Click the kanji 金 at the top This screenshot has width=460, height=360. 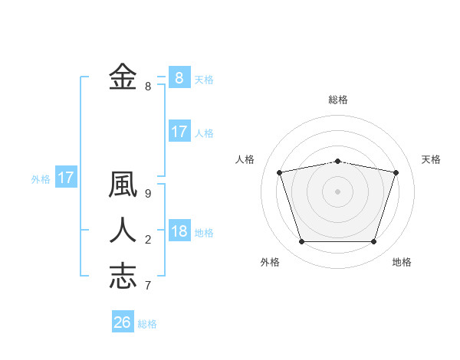click(123, 77)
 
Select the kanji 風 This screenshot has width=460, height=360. click(123, 186)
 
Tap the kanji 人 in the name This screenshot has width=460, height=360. click(123, 231)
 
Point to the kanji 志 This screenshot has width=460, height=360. click(123, 275)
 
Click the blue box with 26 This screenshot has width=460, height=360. click(123, 322)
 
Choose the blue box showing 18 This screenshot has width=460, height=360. click(179, 231)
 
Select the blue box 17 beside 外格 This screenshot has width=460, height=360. click(66, 178)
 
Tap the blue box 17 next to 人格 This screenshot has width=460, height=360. click(179, 131)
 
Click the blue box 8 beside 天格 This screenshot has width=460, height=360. click(179, 77)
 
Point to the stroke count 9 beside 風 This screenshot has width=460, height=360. click(148, 194)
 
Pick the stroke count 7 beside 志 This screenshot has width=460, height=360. click(148, 286)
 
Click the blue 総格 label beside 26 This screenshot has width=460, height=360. click(148, 324)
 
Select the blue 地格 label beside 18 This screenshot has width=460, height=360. click(205, 233)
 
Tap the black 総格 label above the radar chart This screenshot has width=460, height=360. click(337, 100)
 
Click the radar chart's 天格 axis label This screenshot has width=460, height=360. click(431, 159)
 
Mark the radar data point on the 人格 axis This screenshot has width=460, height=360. click(280, 172)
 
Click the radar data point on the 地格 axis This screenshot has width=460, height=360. click(373, 242)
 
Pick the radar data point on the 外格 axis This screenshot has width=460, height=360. click(301, 242)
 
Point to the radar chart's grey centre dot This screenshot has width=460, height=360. click(337, 191)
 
